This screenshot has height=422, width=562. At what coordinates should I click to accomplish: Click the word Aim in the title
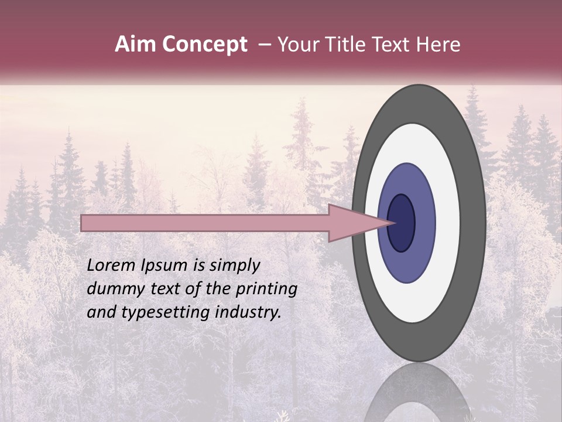(135, 45)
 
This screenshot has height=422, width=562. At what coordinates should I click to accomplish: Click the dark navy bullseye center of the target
(401, 223)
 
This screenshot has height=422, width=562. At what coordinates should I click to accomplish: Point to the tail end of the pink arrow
(85, 223)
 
